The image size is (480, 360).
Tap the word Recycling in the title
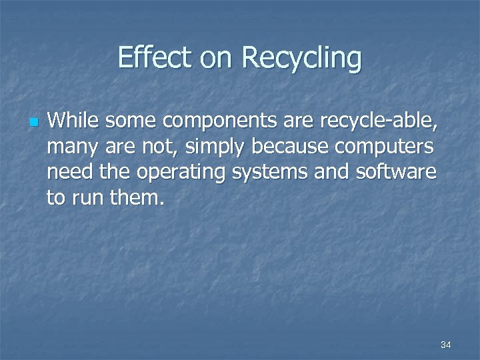tap(302, 59)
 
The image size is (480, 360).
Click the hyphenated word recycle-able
tap(379, 121)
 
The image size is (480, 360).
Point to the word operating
tap(176, 173)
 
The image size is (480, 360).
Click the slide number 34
tap(446, 345)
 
